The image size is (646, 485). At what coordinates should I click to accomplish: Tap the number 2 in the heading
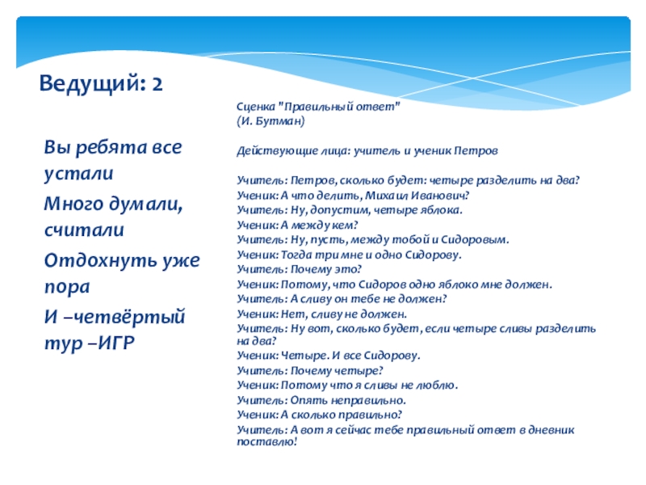click(157, 84)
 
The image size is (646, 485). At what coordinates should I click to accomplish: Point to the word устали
click(78, 174)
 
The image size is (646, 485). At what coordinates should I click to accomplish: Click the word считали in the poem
click(84, 230)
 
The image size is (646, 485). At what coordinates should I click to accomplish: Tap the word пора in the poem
click(67, 288)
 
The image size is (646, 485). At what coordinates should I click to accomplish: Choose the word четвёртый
click(125, 317)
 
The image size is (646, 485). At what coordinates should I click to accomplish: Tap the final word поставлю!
click(267, 441)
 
